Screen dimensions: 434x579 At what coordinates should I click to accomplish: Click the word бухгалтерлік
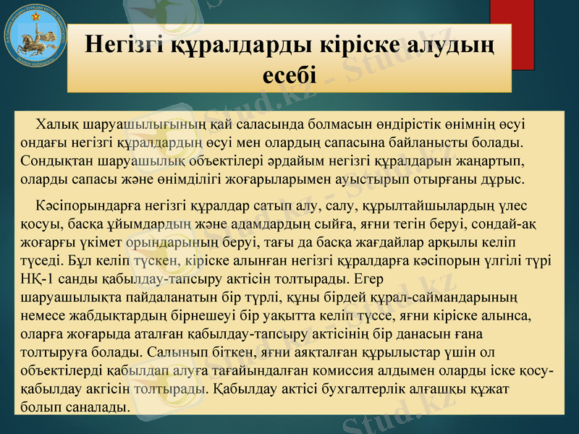pyautogui.click(x=354, y=389)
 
